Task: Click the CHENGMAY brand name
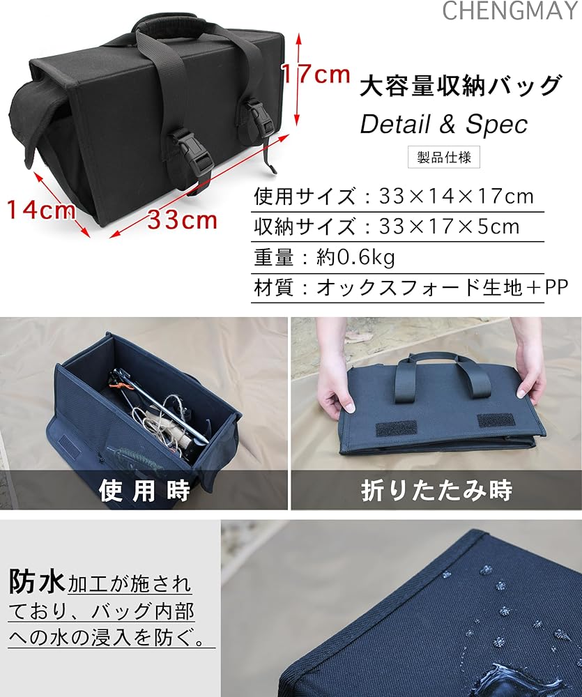pos(512,10)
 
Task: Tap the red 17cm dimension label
pos(315,73)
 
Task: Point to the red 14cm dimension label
pos(41,208)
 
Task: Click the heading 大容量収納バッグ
pos(461,86)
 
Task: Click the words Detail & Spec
pos(443,124)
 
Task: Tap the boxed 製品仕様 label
pos(444,157)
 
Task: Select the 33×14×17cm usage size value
pos(457,196)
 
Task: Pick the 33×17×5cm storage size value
pos(450,227)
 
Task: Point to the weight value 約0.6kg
pos(355,257)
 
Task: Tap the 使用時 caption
pos(144,490)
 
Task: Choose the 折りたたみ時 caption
pos(436,490)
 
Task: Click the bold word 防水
pos(37,579)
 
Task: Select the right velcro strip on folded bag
pos(496,420)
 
